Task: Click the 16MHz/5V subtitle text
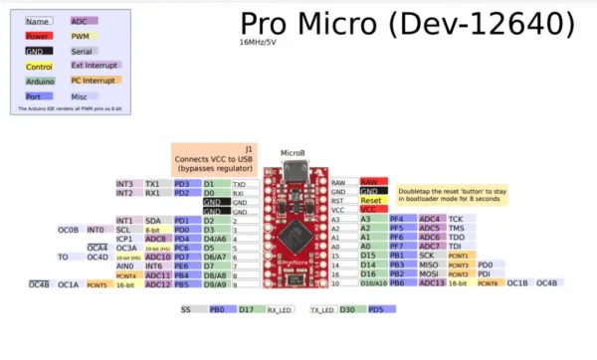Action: click(x=258, y=43)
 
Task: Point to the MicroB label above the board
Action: click(x=293, y=153)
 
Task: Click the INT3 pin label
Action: click(x=124, y=184)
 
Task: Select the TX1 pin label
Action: click(x=153, y=184)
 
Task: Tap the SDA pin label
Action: click(x=153, y=220)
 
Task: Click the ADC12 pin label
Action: click(x=157, y=284)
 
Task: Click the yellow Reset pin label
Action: click(x=371, y=200)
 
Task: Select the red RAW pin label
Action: click(x=371, y=182)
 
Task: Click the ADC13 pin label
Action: click(x=431, y=283)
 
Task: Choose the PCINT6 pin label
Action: click(x=489, y=283)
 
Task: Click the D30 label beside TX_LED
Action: click(x=348, y=309)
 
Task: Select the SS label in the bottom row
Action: click(x=185, y=309)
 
